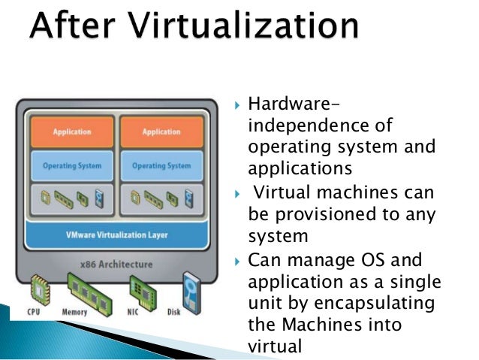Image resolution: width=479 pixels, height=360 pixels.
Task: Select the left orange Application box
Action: point(72,132)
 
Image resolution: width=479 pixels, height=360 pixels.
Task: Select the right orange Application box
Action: point(161,132)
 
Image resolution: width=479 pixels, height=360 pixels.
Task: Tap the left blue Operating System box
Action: point(72,165)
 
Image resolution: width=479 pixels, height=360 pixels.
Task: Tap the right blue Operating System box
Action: point(161,165)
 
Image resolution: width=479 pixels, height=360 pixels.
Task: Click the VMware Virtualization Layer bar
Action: point(116,234)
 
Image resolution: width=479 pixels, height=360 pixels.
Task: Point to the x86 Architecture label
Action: point(117,265)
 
